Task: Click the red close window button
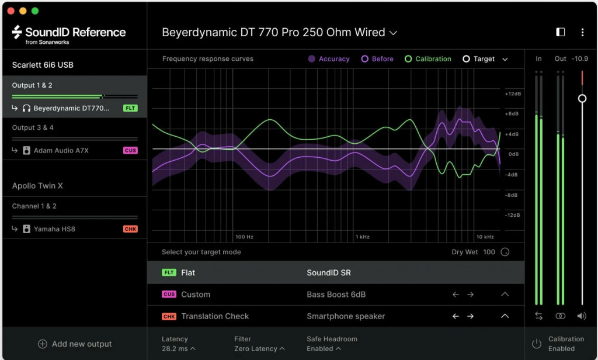point(11,11)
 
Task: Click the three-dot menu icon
point(582,33)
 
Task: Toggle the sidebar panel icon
point(560,32)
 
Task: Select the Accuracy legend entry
point(329,59)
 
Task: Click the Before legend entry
point(377,59)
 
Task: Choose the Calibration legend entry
point(428,59)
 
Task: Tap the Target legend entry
point(479,59)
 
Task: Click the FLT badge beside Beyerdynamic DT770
point(130,108)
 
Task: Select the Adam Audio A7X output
point(61,150)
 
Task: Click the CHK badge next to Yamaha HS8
point(130,229)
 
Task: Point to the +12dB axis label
point(513,94)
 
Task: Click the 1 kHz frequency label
point(362,237)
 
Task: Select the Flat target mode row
point(336,272)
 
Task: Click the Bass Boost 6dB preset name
point(336,295)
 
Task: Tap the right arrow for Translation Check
point(470,316)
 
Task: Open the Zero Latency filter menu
point(259,348)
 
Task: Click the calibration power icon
point(537,344)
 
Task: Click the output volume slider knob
point(582,99)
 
